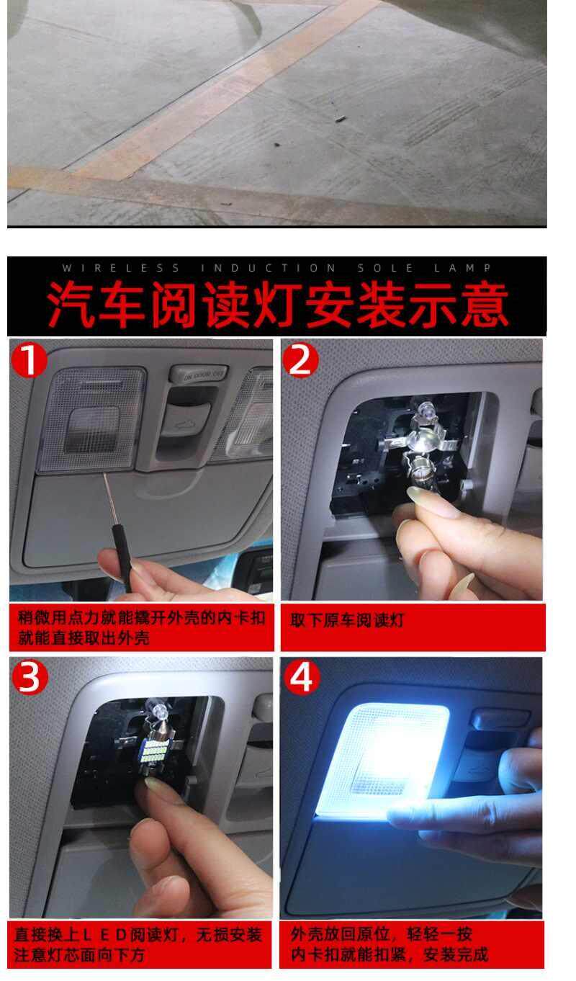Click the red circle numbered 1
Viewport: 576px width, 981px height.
[x=30, y=360]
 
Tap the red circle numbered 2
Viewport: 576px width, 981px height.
[x=301, y=360]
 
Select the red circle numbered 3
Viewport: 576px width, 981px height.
[x=30, y=677]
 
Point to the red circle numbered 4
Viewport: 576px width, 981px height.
[x=302, y=677]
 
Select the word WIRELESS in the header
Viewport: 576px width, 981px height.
[x=121, y=268]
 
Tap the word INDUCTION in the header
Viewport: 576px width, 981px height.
[x=269, y=268]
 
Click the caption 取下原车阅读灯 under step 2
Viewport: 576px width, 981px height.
[x=346, y=620]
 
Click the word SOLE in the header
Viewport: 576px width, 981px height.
[x=385, y=268]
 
